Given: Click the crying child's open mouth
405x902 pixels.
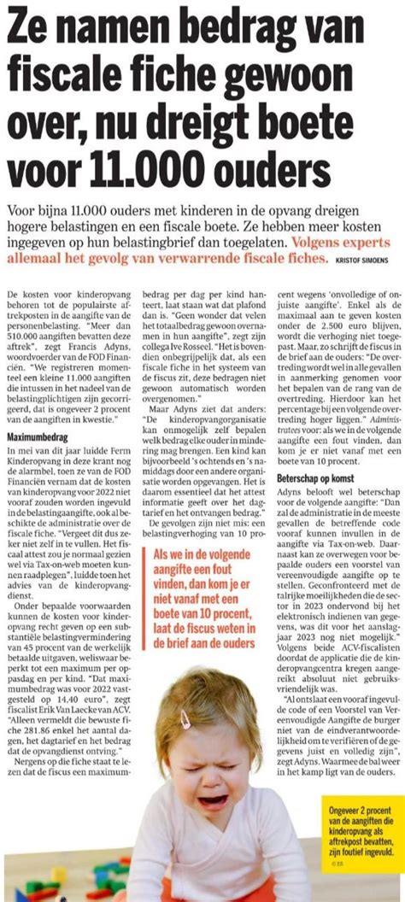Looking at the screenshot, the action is coord(212,802).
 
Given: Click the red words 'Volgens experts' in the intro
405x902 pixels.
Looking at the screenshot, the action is coord(347,241).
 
